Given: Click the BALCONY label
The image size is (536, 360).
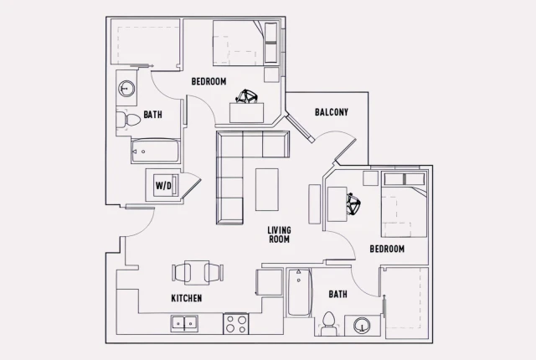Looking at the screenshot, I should click(x=332, y=112).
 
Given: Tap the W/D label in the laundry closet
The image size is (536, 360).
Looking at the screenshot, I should click(x=162, y=186).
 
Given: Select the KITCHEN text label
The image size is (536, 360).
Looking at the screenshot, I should click(x=186, y=298).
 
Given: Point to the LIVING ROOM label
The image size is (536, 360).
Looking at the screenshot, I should click(x=279, y=234).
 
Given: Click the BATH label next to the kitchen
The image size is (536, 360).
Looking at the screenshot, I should click(x=338, y=295).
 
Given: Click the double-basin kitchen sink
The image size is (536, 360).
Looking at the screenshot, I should click(x=183, y=322).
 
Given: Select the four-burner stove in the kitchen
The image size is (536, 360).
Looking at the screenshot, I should click(x=235, y=322).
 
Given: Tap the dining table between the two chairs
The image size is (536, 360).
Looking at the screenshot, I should click(x=198, y=272).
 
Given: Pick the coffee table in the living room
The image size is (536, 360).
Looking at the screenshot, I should click(x=267, y=189).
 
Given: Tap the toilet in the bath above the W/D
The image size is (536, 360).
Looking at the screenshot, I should click(x=130, y=121).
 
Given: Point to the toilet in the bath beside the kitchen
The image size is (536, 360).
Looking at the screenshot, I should click(x=328, y=322).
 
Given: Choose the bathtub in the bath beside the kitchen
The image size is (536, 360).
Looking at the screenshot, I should click(x=299, y=293).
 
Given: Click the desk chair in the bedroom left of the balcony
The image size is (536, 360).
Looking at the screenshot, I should click(x=245, y=100).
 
